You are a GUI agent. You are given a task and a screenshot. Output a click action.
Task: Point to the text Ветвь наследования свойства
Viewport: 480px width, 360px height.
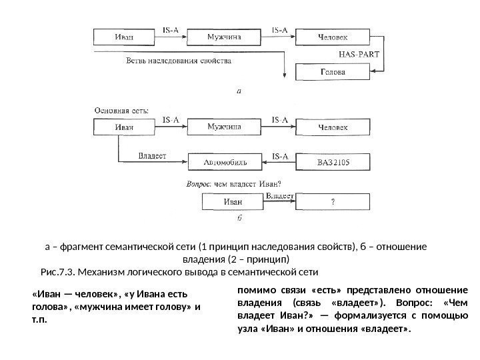click(179, 61)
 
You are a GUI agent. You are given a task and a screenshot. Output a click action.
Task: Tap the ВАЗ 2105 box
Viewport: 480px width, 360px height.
click(332, 162)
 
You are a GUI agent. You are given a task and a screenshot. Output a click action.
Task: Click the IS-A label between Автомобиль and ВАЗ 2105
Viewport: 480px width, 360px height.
click(280, 157)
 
